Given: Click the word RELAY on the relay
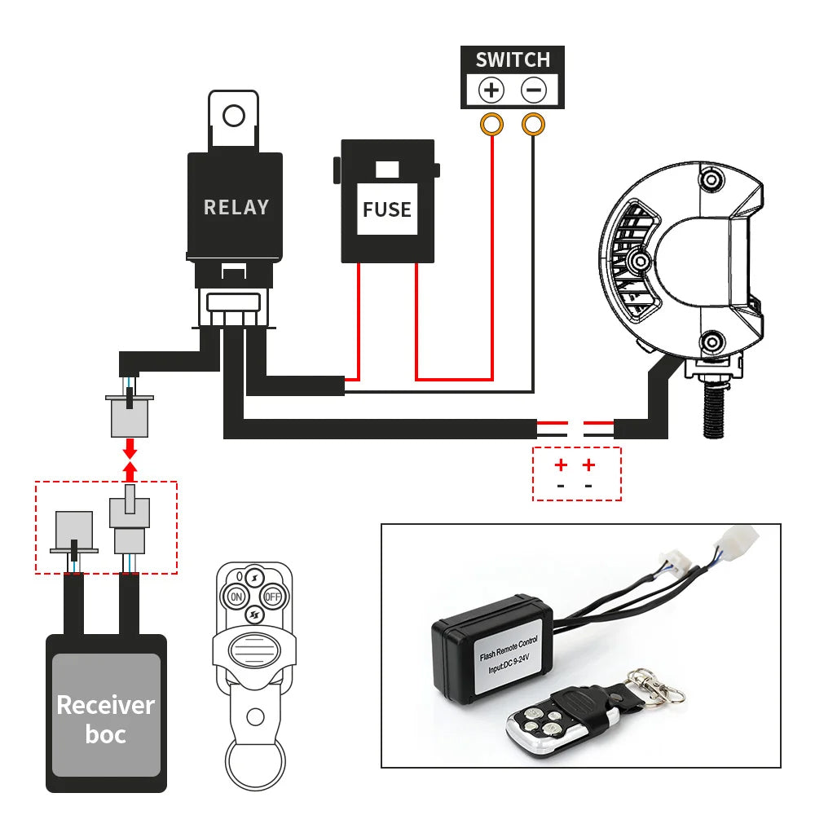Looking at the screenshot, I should (x=236, y=207).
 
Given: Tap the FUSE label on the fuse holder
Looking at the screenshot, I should (x=387, y=209).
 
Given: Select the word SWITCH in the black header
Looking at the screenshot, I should (x=513, y=59).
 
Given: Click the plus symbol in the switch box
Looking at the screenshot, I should (x=491, y=89).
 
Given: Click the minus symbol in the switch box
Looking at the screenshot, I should (x=534, y=89).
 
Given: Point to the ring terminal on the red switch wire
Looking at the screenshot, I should (x=492, y=125).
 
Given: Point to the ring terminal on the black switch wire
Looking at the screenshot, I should (x=533, y=125).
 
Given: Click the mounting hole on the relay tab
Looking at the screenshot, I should (x=234, y=116).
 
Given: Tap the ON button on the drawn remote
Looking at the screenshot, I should (x=237, y=597).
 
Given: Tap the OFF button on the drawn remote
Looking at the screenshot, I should (x=273, y=597).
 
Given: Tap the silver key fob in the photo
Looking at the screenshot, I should (x=537, y=720).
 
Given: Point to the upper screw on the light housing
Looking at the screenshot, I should (x=711, y=179).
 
